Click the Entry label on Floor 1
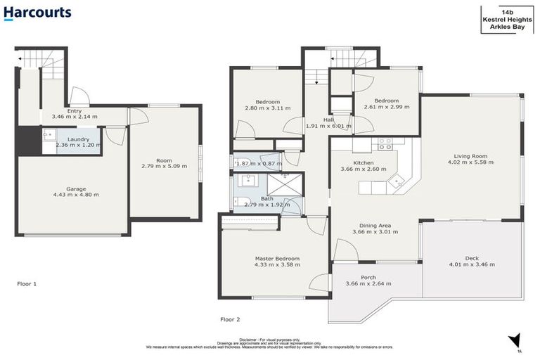click(x=74, y=110)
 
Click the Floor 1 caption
click(x=27, y=284)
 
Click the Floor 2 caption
click(x=230, y=319)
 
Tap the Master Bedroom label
click(x=277, y=259)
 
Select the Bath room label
click(x=267, y=199)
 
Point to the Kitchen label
click(x=363, y=162)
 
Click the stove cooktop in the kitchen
click(x=385, y=143)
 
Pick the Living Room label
click(x=470, y=155)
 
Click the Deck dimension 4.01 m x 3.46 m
click(x=471, y=265)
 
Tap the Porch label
click(x=368, y=277)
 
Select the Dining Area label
click(x=372, y=225)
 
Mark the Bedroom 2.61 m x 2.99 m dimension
click(x=387, y=108)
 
